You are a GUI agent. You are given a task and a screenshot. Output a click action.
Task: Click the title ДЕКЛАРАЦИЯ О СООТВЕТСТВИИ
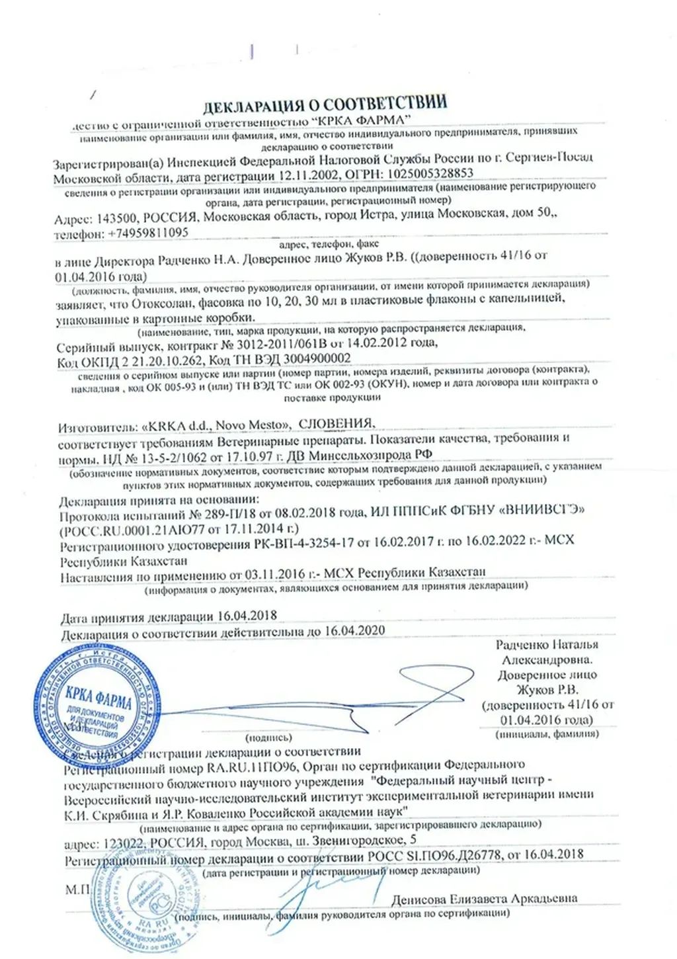[x=323, y=104]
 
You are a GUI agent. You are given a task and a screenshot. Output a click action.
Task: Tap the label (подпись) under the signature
[x=268, y=735]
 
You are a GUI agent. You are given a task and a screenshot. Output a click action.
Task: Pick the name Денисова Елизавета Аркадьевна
[x=483, y=898]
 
